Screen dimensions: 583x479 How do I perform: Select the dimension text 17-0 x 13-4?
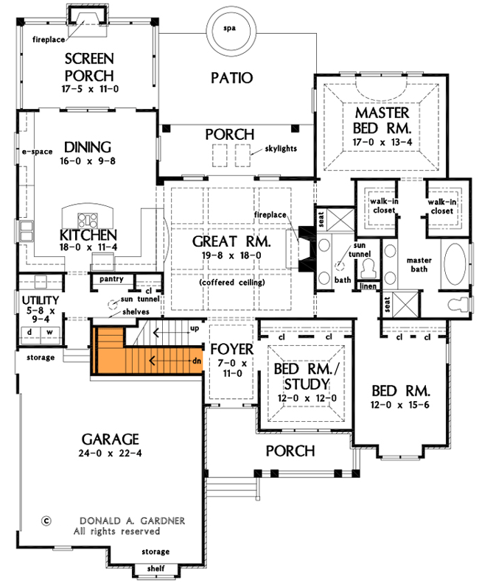[381, 141]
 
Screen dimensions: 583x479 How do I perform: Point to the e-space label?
[38, 152]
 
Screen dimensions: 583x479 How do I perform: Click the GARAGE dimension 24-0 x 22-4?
[111, 453]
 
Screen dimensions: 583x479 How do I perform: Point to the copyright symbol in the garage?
[46, 519]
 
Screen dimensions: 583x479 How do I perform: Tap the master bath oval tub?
[455, 265]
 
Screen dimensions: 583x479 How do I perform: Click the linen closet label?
[368, 286]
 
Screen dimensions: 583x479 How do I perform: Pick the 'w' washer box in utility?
[51, 332]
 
